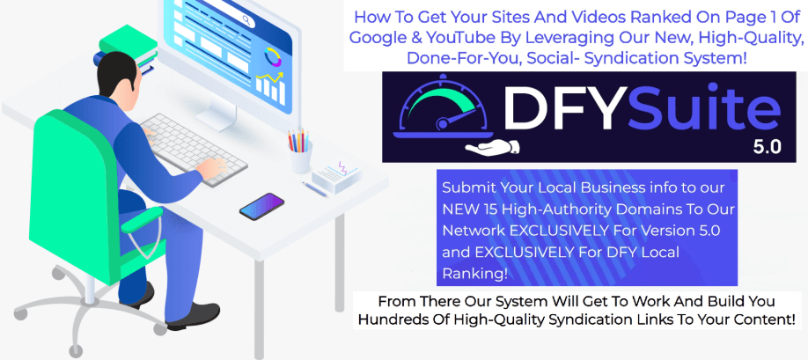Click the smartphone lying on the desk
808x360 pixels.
pyautogui.click(x=261, y=206)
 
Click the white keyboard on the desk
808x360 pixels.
pyautogui.click(x=193, y=149)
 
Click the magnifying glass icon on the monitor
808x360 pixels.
pyautogui.click(x=246, y=21)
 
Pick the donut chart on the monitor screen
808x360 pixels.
pyautogui.click(x=273, y=57)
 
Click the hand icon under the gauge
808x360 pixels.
pyautogui.click(x=492, y=147)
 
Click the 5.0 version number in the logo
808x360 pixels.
pyautogui.click(x=767, y=148)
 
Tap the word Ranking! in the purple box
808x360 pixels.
pyautogui.click(x=474, y=274)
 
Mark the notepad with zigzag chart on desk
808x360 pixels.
pyautogui.click(x=337, y=176)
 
